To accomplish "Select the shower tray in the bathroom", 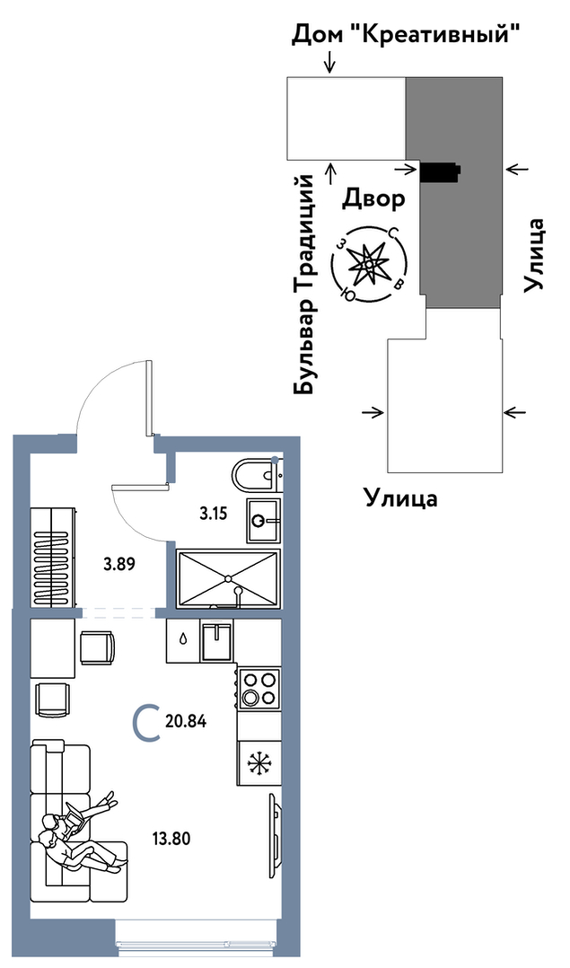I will point(230,578).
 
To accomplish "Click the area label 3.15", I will point(214,515).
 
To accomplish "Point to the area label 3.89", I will point(118,565).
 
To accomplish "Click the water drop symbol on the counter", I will point(183,640).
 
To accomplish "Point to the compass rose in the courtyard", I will point(368,264).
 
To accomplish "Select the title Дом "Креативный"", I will point(407,36).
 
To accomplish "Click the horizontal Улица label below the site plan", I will point(400,497).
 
